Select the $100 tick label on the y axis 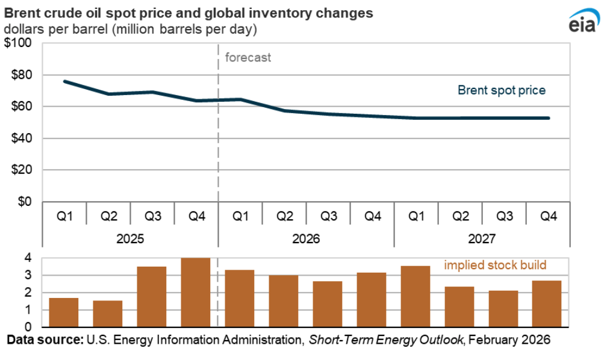point(20,43)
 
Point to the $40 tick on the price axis point(22,138)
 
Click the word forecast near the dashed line point(247,58)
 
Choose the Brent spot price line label point(501,90)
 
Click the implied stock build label point(496,265)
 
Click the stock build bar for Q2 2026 point(284,301)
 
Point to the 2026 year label point(306,238)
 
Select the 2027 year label point(482,238)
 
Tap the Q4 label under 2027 point(547,216)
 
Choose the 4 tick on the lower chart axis point(28,258)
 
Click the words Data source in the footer point(45,340)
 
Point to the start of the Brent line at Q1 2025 point(64,81)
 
